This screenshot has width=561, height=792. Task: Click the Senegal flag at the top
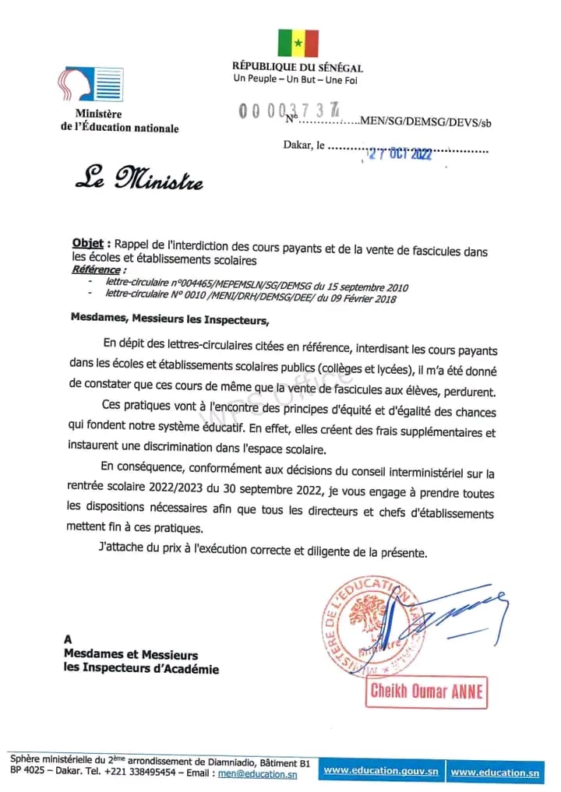click(298, 44)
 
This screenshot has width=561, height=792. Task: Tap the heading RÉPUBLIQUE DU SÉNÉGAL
click(297, 68)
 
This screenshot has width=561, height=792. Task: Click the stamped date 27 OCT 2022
click(399, 154)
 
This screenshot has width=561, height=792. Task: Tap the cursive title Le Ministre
click(139, 181)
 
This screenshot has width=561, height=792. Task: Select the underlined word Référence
click(96, 269)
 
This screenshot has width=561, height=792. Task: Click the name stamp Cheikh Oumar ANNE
click(426, 692)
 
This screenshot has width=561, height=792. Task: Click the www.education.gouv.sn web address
click(381, 771)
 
